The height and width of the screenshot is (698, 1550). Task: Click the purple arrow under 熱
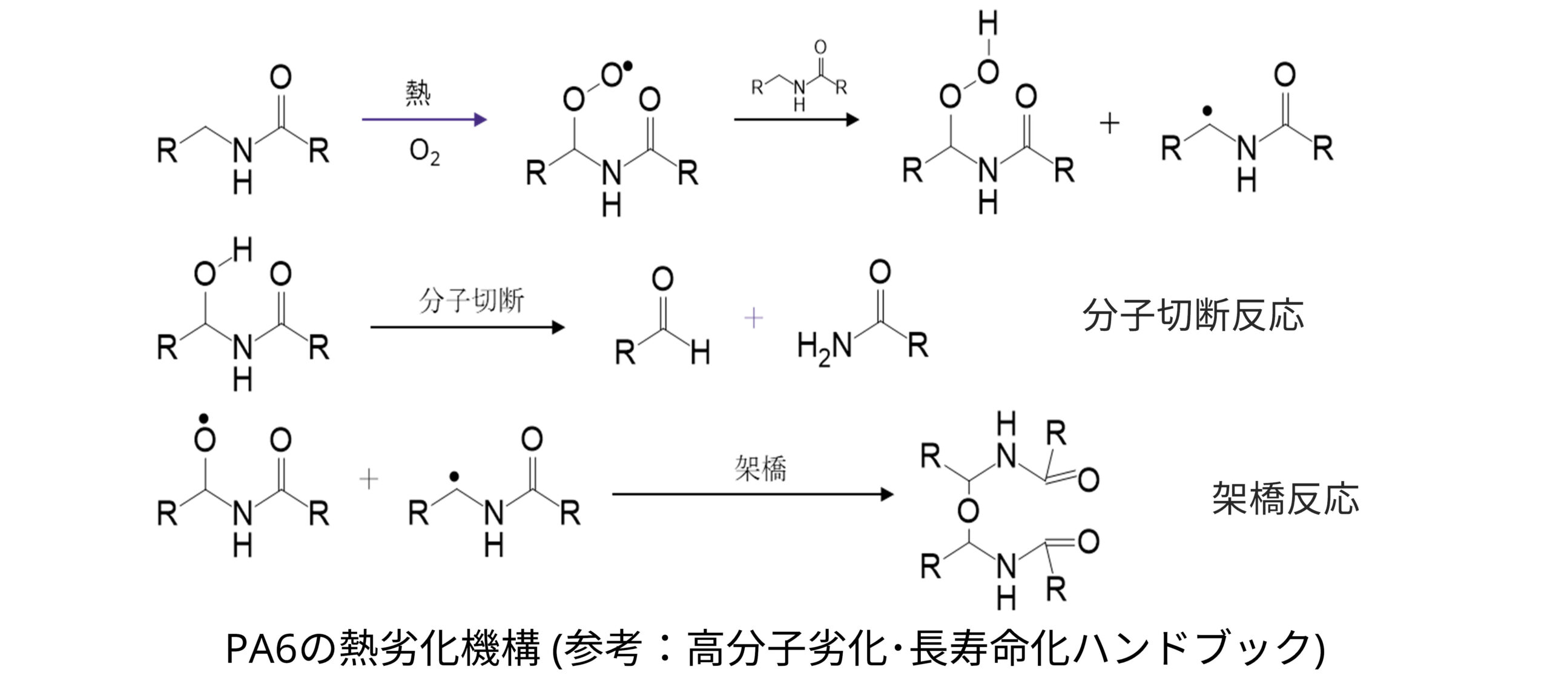tap(424, 119)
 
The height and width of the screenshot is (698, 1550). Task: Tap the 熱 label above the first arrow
tap(418, 93)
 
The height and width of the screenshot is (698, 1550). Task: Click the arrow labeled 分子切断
tap(466, 328)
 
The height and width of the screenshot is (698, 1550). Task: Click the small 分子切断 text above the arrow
tap(471, 301)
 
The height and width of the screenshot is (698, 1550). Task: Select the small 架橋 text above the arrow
tap(760, 468)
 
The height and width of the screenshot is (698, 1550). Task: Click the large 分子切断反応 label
tap(1193, 315)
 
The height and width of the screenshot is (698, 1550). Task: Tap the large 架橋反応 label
tap(1285, 499)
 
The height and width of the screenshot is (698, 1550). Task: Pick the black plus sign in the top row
tap(1109, 124)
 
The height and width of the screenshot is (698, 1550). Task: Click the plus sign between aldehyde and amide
tap(753, 318)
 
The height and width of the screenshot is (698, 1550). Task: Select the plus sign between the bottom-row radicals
tap(369, 480)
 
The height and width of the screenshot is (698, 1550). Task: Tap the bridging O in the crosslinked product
tap(968, 512)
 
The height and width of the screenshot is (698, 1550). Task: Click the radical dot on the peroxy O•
tap(627, 66)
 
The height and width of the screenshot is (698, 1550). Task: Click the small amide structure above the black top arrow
tap(799, 78)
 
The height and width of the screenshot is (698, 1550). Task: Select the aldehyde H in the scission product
tap(700, 352)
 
